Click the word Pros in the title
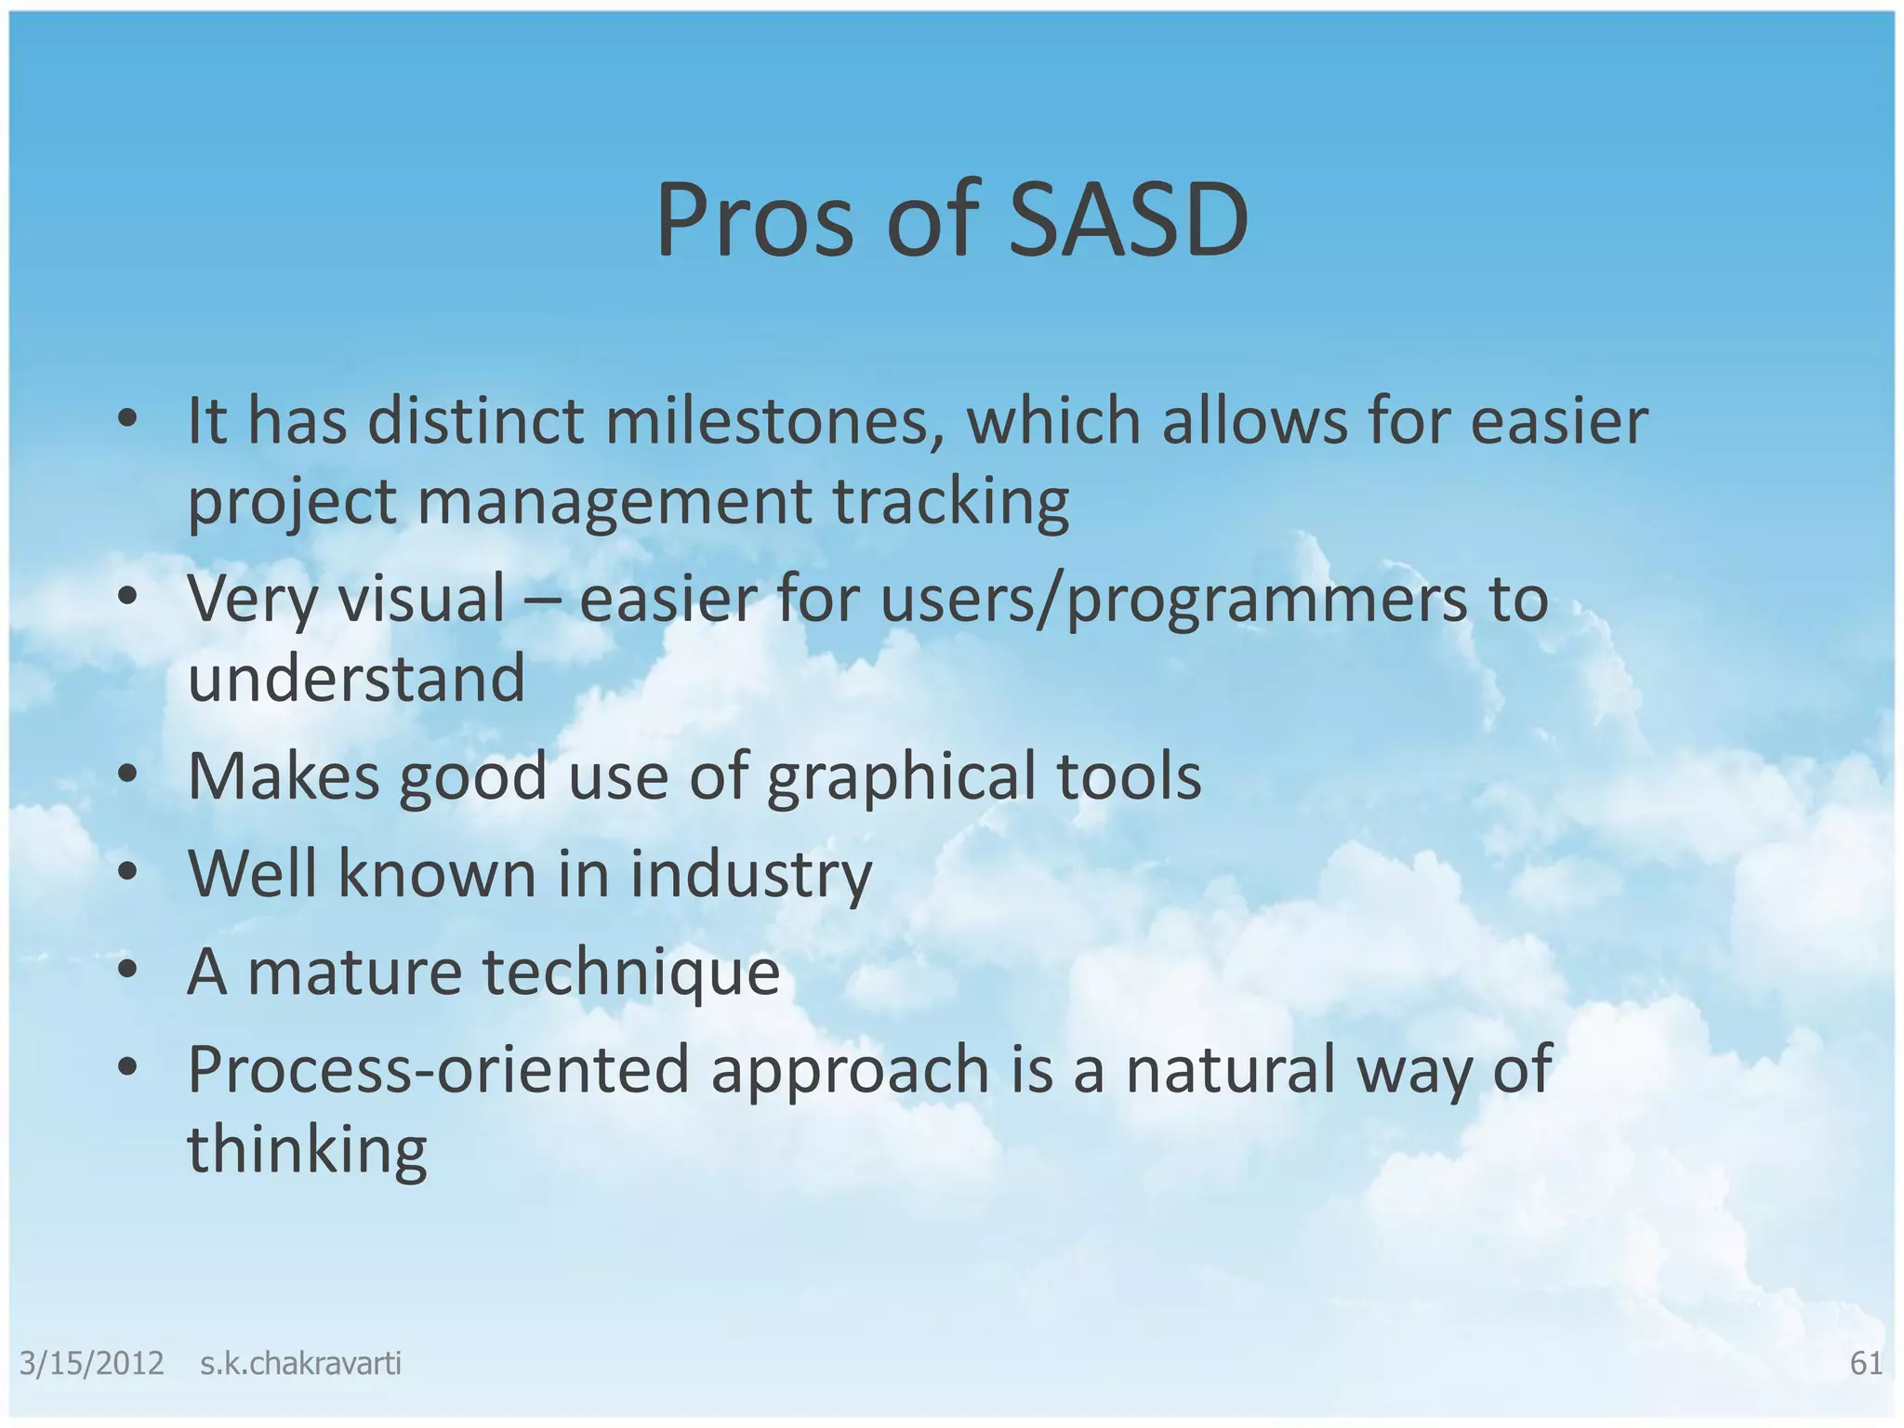pos(754,220)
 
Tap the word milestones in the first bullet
pos(776,421)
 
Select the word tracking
pos(950,501)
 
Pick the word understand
pos(356,678)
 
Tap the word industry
pos(751,875)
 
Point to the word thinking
pos(307,1150)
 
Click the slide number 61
pos(1866,1363)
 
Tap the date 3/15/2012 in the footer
pos(91,1364)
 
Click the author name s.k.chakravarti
pos(300,1364)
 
